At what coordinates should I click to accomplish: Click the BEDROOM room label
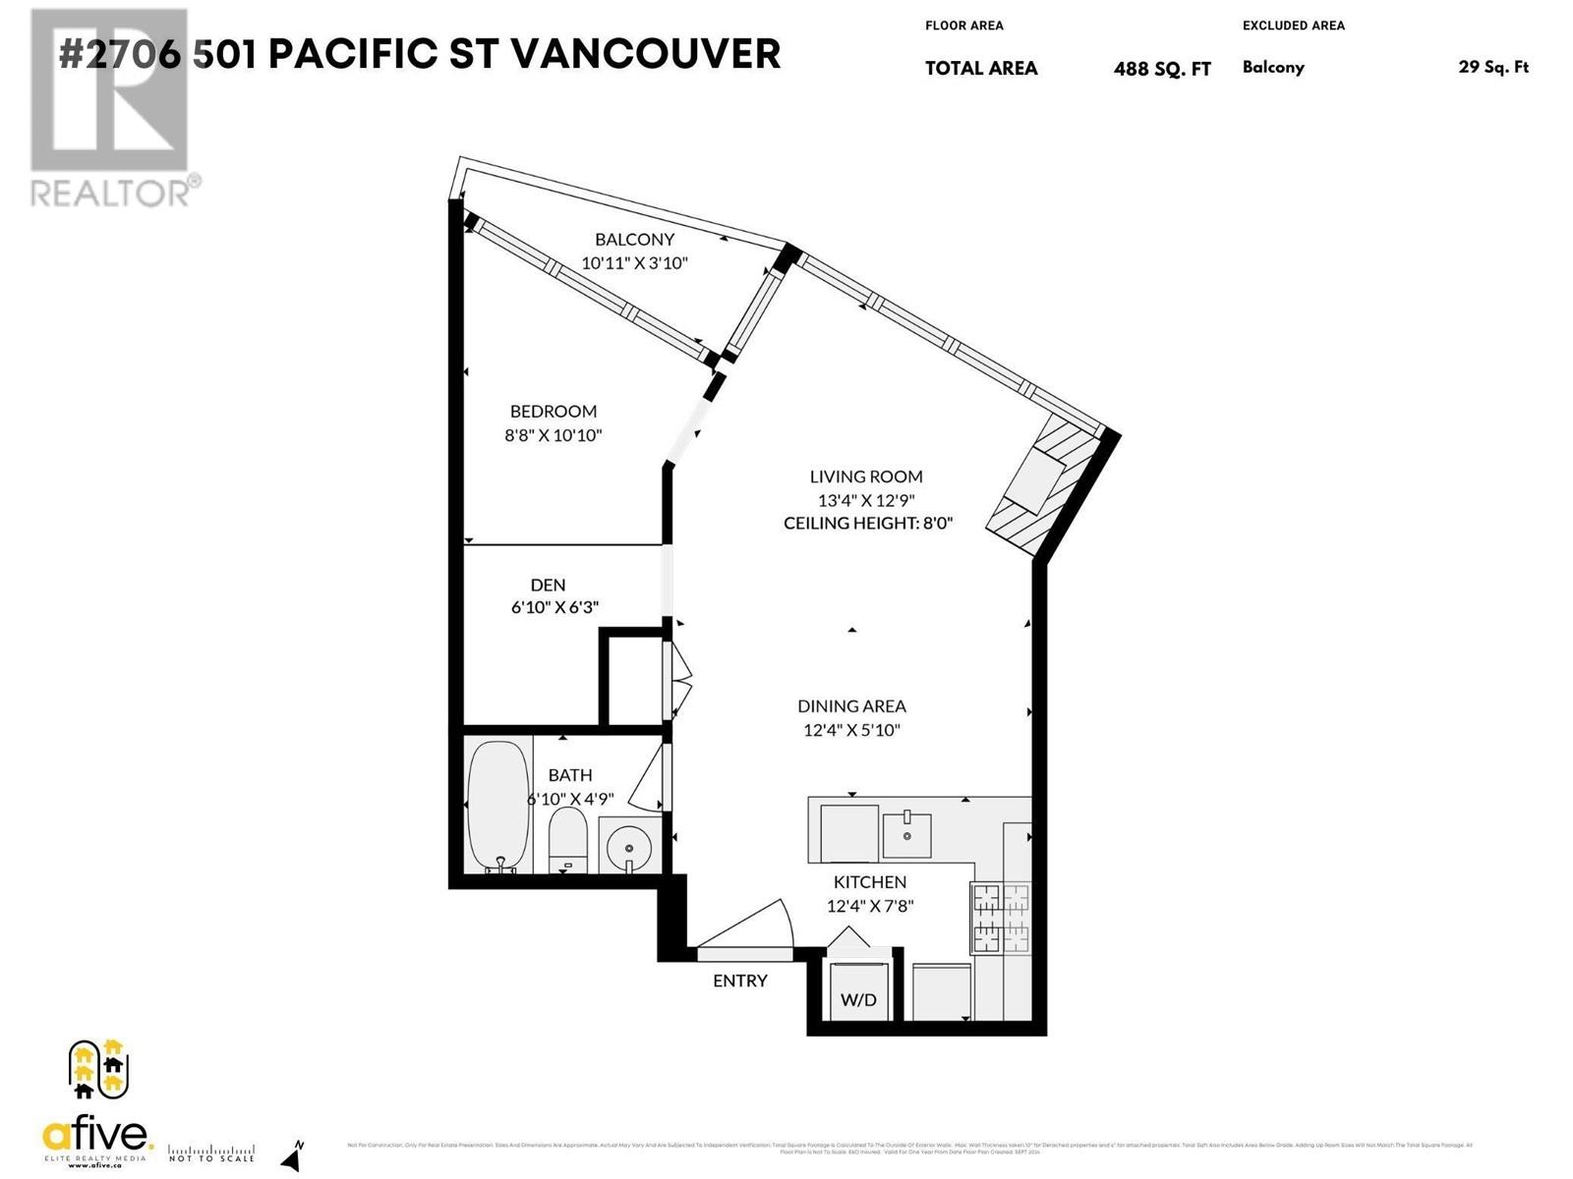point(553,412)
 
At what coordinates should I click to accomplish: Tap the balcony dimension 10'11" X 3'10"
point(634,263)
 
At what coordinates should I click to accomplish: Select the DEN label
point(548,585)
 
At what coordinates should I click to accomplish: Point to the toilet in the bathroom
point(567,841)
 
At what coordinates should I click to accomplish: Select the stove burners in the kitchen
point(1000,918)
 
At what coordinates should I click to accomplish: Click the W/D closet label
point(858,1000)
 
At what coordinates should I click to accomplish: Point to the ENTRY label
point(740,981)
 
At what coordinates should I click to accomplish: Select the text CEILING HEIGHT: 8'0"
point(868,524)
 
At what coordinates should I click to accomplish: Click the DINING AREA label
point(851,706)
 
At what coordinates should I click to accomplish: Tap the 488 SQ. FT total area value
point(1162,69)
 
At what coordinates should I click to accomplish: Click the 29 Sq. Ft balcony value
point(1493,68)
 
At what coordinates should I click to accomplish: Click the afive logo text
point(97,1138)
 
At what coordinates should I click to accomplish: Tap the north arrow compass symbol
point(293,1154)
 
